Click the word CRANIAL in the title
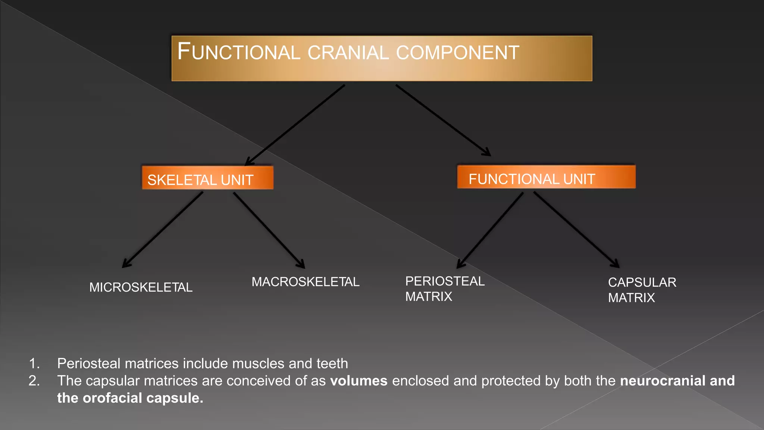pyautogui.click(x=348, y=53)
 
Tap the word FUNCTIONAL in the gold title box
pyautogui.click(x=239, y=52)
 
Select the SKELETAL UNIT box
pyautogui.click(x=207, y=178)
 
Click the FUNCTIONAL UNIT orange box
pyautogui.click(x=546, y=177)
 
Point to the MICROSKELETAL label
pyautogui.click(x=141, y=287)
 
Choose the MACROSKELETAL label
pyautogui.click(x=305, y=282)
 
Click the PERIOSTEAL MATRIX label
pyautogui.click(x=445, y=289)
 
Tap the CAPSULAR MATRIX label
pyautogui.click(x=642, y=290)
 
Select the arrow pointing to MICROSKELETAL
pyautogui.click(x=163, y=230)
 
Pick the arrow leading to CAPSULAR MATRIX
pyautogui.click(x=576, y=230)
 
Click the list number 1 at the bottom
pyautogui.click(x=34, y=364)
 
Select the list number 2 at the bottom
pyautogui.click(x=34, y=381)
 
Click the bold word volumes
pyautogui.click(x=358, y=381)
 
